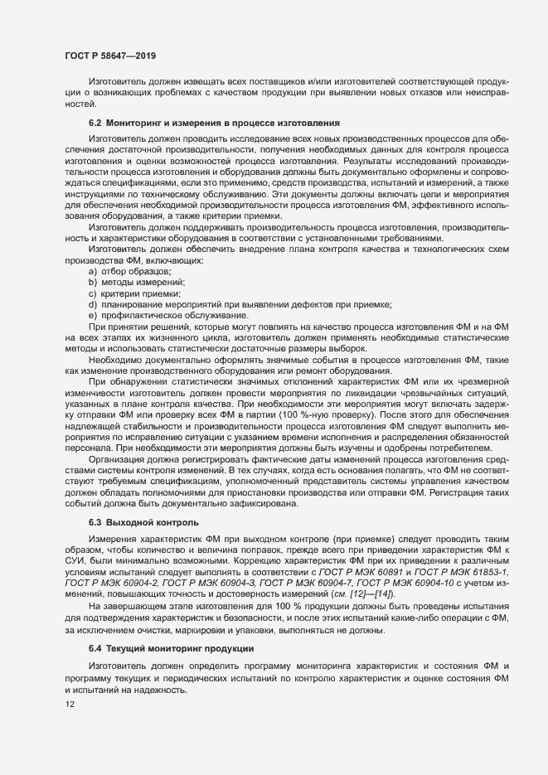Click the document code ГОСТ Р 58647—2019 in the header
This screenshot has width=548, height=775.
tap(109, 56)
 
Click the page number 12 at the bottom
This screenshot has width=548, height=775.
tap(70, 705)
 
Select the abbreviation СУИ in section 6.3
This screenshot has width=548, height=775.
tap(75, 560)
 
